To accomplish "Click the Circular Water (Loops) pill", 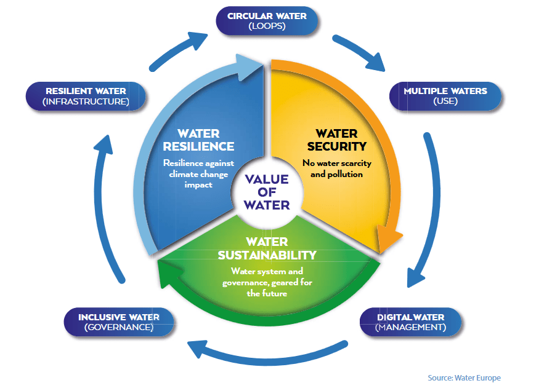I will click(x=267, y=20).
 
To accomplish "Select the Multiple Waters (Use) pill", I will click(x=445, y=96).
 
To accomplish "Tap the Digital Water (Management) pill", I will click(x=410, y=322).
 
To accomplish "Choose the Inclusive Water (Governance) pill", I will click(x=118, y=322).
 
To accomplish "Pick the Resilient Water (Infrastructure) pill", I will click(x=85, y=97).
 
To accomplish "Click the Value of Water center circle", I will click(x=266, y=192).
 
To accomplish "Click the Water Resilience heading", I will click(x=198, y=140).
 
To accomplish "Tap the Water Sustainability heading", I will click(x=267, y=248).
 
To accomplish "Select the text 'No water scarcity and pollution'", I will click(x=333, y=168).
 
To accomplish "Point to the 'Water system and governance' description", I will click(x=267, y=282).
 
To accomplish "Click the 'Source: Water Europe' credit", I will click(x=464, y=377).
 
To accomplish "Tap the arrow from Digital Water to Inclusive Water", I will click(x=265, y=359).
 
